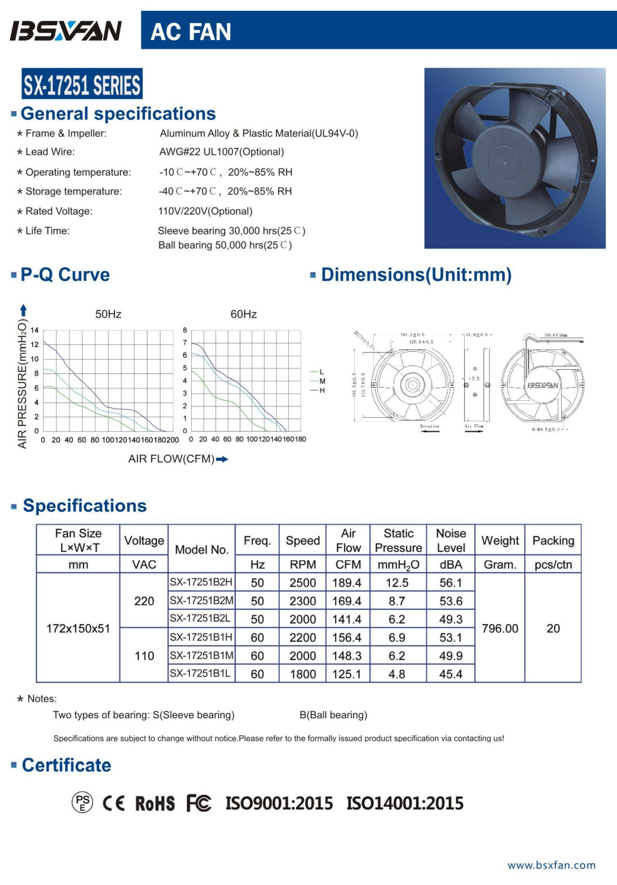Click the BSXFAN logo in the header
tap(66, 31)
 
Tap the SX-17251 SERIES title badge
tap(82, 85)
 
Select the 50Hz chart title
tap(108, 314)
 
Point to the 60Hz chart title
tap(243, 314)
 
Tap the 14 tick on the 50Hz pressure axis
tap(35, 330)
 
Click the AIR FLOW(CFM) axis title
tap(171, 459)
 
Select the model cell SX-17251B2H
tap(201, 582)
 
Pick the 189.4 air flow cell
tap(347, 583)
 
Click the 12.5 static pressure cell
tap(397, 583)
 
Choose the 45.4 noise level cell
tap(451, 674)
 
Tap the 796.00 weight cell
tap(500, 629)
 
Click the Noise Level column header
tap(451, 540)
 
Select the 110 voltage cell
tap(144, 656)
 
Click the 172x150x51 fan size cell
tap(78, 629)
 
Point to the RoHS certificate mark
tap(155, 803)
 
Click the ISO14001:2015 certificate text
tap(405, 803)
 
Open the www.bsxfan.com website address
tap(551, 865)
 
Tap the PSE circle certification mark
tap(82, 802)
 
